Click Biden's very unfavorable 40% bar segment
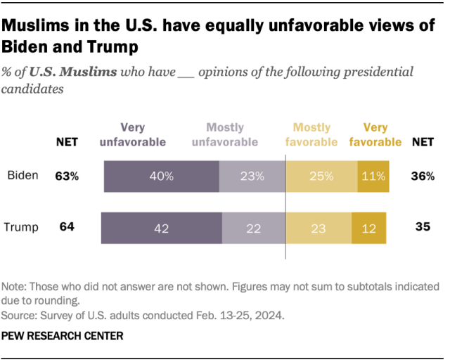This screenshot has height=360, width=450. pos(161,176)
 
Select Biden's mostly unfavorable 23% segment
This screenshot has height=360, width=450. pos(252,176)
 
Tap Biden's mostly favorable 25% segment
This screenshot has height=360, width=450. pos(321,176)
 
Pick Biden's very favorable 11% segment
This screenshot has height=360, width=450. pos(373,176)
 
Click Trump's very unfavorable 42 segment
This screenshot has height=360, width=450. pos(161,227)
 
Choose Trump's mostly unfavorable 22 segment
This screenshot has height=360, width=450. pos(253,227)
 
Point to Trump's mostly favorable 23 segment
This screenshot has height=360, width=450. pos(319,227)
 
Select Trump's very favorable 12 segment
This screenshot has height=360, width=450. pos(370,227)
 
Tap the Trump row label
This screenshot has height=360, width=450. pos(22,227)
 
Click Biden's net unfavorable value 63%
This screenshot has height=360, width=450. pos(67,176)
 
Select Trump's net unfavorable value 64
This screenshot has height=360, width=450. pos(66,227)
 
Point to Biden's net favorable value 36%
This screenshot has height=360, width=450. pos(422,176)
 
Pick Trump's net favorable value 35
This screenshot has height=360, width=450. pos(422,227)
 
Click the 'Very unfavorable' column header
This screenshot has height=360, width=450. pos(133,134)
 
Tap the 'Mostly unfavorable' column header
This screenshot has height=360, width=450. pos(225,134)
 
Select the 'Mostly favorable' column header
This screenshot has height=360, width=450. pos(311,134)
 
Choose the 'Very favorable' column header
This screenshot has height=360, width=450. pos(375,134)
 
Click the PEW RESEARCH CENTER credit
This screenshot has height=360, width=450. pos(63,336)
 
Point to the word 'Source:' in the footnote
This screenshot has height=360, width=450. pos(20,316)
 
